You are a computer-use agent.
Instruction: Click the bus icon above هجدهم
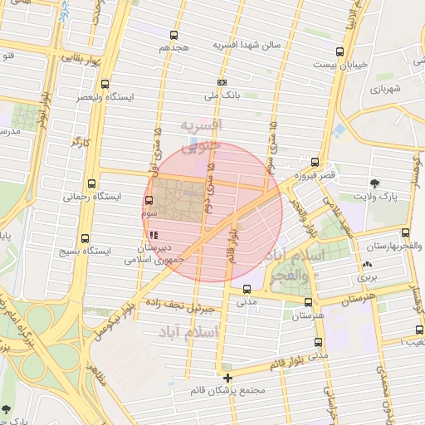(x=173, y=35)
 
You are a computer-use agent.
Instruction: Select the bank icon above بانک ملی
(x=222, y=82)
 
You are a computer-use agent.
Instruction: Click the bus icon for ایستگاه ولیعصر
(x=105, y=84)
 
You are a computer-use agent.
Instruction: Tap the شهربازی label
(x=386, y=88)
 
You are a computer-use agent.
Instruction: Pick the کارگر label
(x=80, y=143)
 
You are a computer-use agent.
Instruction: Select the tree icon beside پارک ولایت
(x=375, y=183)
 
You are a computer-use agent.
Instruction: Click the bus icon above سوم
(x=149, y=200)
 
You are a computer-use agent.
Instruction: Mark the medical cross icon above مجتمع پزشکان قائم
(x=228, y=378)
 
